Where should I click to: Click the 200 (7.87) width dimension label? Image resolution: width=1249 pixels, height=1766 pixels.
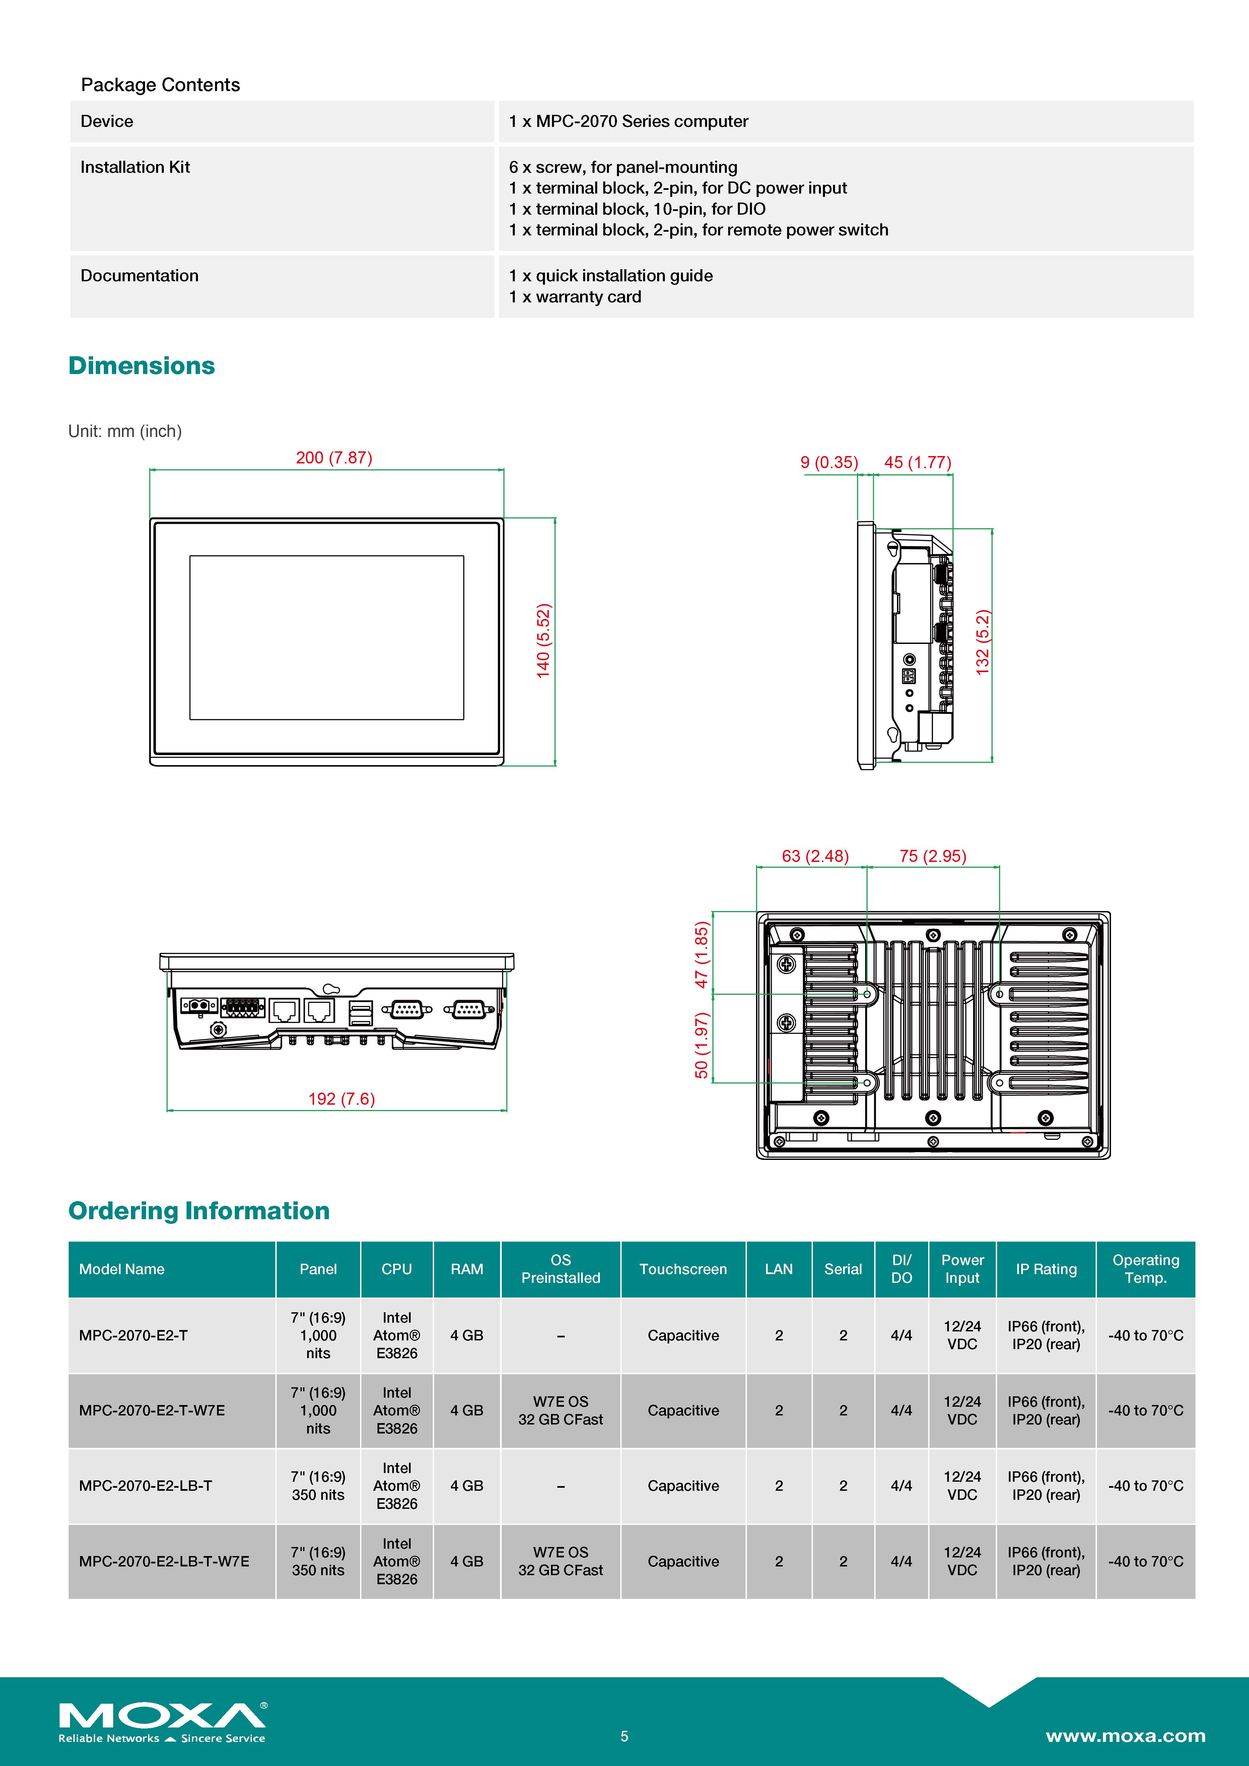[x=334, y=458]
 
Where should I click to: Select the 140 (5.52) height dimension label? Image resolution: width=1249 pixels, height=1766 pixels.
[x=543, y=641]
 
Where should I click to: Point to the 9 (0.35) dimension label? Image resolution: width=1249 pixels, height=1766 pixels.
[x=829, y=462]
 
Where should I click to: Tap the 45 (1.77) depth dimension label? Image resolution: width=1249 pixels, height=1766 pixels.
[x=917, y=462]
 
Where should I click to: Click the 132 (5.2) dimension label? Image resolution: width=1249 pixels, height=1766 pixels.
[x=982, y=642]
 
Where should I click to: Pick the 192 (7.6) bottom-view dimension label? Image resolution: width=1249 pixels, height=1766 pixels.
[x=342, y=1098]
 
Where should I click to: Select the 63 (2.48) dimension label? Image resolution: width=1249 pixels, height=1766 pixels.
[x=815, y=856]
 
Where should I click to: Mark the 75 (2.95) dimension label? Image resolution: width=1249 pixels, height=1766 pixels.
[x=933, y=856]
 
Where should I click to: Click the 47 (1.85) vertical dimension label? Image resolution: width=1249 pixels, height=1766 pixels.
[x=701, y=955]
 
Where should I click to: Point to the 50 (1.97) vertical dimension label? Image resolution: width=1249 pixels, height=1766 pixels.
[x=701, y=1045]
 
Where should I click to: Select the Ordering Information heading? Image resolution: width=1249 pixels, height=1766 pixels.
[x=199, y=1211]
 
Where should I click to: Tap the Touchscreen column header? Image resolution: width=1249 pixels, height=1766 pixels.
[x=683, y=1269]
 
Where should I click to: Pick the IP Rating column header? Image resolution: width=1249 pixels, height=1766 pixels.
[x=1046, y=1269]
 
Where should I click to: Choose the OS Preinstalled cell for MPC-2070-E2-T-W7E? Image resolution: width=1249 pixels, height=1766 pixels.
[x=560, y=1411]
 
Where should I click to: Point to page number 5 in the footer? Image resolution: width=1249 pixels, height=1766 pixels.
[x=624, y=1736]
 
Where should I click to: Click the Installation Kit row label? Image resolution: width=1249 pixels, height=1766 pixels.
[x=135, y=167]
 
